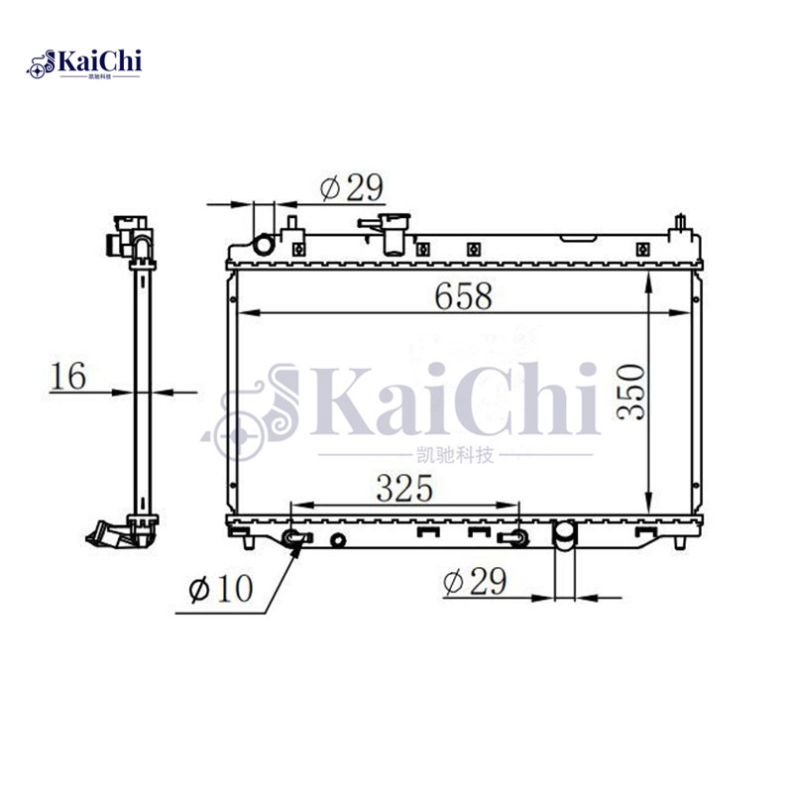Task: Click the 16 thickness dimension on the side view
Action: point(68,376)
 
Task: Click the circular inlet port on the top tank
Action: point(265,245)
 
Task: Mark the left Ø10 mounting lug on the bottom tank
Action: point(293,538)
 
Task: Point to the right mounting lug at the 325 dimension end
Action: point(513,538)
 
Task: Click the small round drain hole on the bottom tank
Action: point(339,540)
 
